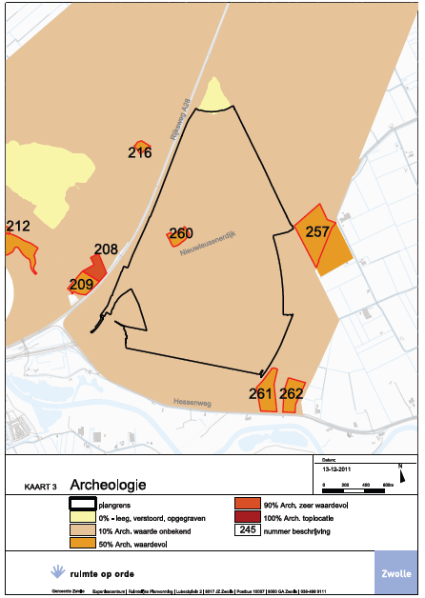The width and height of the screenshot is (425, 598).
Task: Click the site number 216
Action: point(139,151)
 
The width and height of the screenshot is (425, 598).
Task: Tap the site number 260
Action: point(181,234)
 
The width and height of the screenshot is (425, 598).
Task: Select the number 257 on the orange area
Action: point(317,231)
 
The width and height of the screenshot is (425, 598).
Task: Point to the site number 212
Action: point(17,227)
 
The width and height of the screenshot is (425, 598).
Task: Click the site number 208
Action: point(106,249)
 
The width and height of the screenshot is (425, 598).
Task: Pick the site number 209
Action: point(81,283)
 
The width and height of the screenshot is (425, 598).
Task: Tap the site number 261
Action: point(260,392)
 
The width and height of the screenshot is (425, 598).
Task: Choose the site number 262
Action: point(292,392)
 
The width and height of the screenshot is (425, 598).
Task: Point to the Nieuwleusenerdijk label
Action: point(207,245)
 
